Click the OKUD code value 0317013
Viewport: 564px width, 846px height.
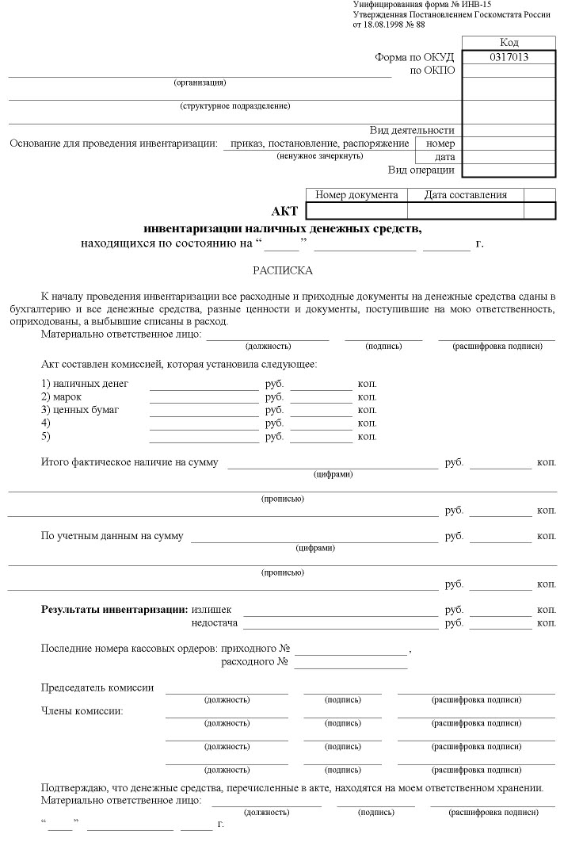509,57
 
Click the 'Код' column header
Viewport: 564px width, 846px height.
509,43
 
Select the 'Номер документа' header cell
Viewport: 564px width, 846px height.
356,195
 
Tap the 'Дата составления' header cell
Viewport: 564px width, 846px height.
465,195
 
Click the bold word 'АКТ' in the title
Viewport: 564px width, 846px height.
284,211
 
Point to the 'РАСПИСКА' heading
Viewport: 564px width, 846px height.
283,270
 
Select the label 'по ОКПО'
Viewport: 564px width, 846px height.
432,71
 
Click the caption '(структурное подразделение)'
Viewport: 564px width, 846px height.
234,105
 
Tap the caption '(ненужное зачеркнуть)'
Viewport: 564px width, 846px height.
320,155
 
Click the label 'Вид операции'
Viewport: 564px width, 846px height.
421,170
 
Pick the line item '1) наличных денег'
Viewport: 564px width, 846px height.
85,384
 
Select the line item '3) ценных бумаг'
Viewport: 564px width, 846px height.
80,410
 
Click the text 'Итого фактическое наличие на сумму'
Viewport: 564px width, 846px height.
129,461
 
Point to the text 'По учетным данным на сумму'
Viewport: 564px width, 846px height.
112,536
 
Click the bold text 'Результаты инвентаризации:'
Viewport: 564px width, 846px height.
114,610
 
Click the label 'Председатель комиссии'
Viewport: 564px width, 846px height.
97,687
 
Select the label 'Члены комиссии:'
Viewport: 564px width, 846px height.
82,710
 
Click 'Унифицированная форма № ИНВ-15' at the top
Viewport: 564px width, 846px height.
416,5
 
